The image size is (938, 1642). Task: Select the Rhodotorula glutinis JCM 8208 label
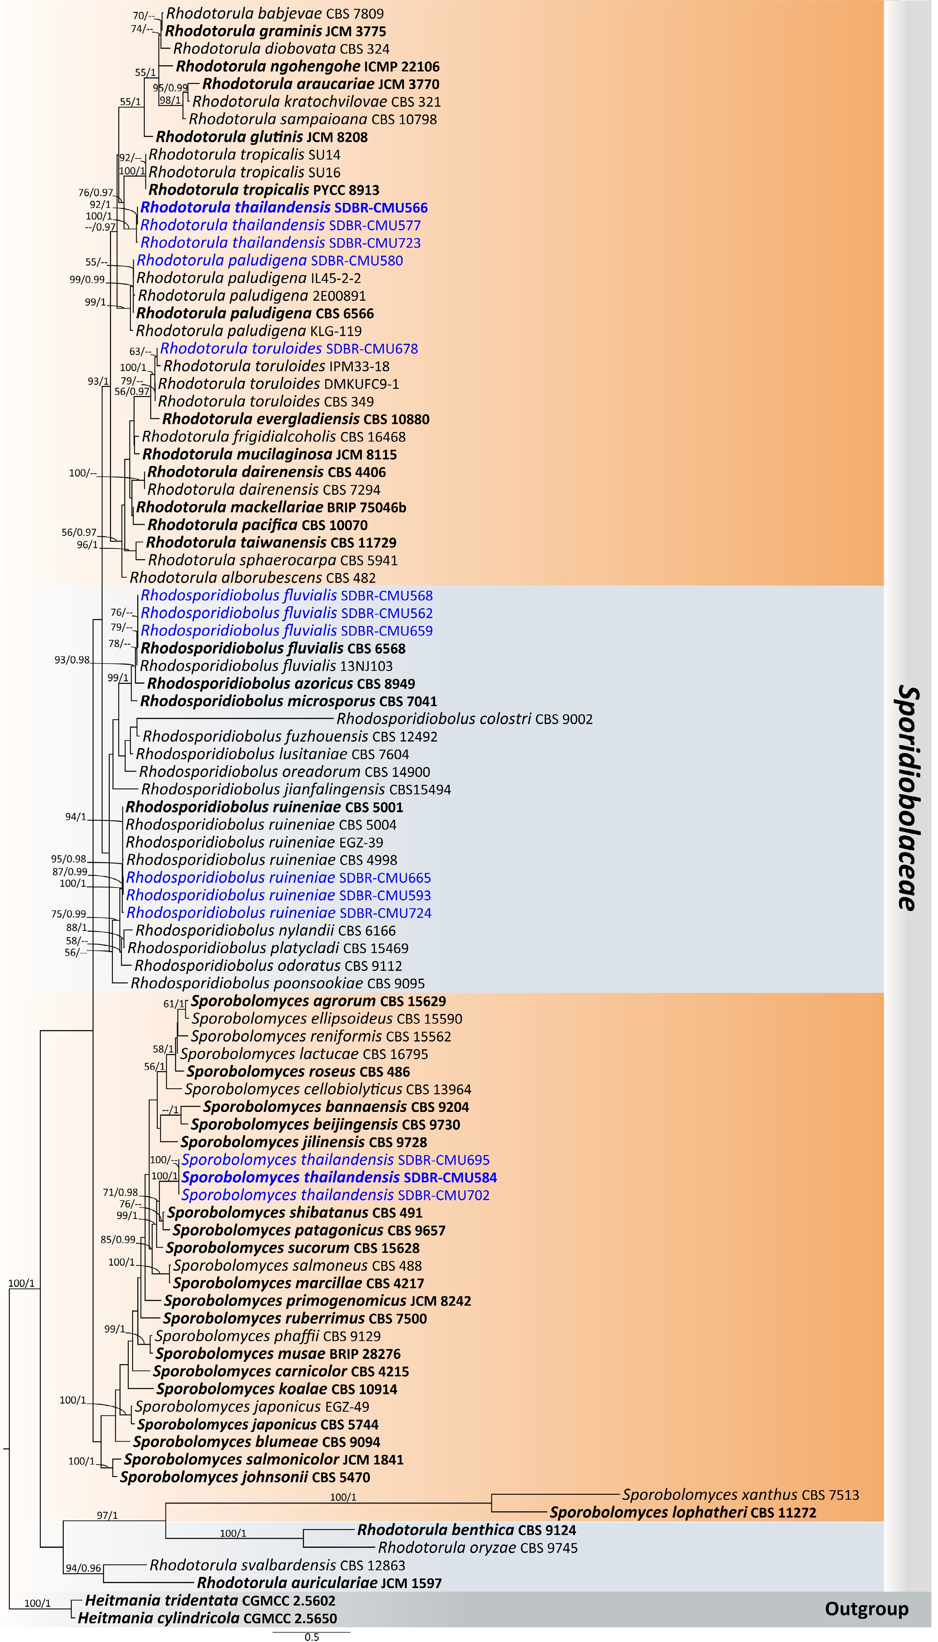click(x=261, y=137)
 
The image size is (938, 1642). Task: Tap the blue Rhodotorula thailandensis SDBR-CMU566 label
click(x=283, y=207)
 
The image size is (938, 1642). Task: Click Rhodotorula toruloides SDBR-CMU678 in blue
click(x=289, y=348)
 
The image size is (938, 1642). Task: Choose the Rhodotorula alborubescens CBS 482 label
click(x=252, y=578)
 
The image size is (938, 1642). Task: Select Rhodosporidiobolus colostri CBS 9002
click(x=464, y=719)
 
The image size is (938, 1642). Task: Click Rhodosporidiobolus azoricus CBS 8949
click(x=281, y=683)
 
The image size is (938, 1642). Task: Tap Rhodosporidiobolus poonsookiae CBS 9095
click(x=278, y=983)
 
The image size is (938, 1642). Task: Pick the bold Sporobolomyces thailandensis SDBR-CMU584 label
click(x=339, y=1177)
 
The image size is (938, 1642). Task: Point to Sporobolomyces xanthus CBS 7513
click(x=740, y=1494)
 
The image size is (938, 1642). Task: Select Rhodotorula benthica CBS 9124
click(x=466, y=1530)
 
